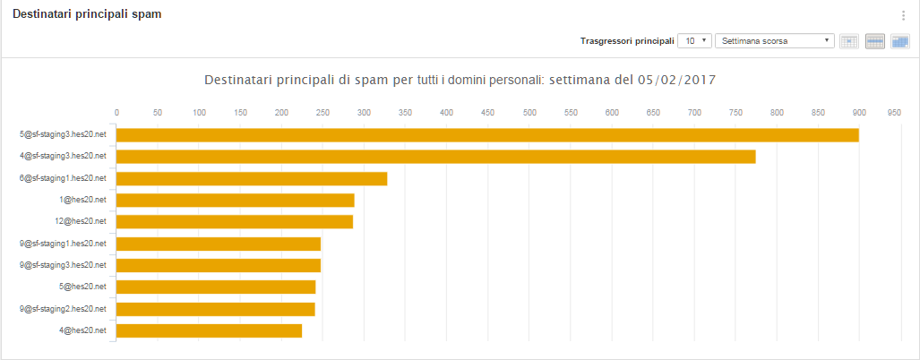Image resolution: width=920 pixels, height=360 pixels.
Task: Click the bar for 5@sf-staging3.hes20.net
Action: coord(487,135)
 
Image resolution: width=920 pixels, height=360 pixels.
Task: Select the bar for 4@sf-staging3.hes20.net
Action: coord(435,157)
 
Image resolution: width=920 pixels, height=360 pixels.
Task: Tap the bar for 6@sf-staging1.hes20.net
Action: coord(252,178)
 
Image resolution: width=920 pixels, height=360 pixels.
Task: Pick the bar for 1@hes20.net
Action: coord(235,200)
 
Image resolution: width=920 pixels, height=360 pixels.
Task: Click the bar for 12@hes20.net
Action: coord(234,221)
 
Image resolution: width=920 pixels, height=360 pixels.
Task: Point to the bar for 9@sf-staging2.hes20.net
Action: coord(215,309)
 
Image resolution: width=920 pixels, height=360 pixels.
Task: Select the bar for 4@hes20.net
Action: coord(209,330)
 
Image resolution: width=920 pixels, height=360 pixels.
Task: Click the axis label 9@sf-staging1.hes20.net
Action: coord(63,244)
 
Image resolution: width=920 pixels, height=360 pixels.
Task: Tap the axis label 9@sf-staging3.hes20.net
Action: coord(63,265)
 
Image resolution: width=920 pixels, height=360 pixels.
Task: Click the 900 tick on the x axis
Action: coord(859,113)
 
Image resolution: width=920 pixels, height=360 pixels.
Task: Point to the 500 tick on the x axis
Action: coord(529,113)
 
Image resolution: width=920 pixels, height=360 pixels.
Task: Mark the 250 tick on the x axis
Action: coord(323,113)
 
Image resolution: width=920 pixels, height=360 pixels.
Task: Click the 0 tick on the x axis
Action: coord(116,113)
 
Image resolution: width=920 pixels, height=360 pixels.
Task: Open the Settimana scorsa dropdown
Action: coord(775,41)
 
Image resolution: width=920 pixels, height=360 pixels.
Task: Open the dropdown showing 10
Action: coord(694,41)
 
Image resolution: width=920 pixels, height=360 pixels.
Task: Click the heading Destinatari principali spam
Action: coord(87,14)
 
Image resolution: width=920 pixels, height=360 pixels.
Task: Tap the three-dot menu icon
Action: coord(904,15)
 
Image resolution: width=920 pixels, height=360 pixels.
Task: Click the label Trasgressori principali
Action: coord(627,41)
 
